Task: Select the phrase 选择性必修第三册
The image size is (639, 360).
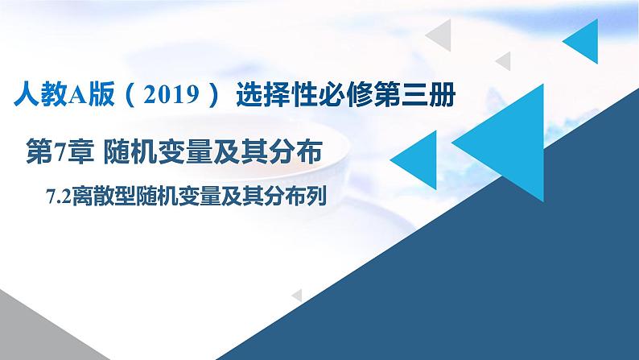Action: (x=346, y=97)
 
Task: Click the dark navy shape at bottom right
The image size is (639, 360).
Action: (x=483, y=290)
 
